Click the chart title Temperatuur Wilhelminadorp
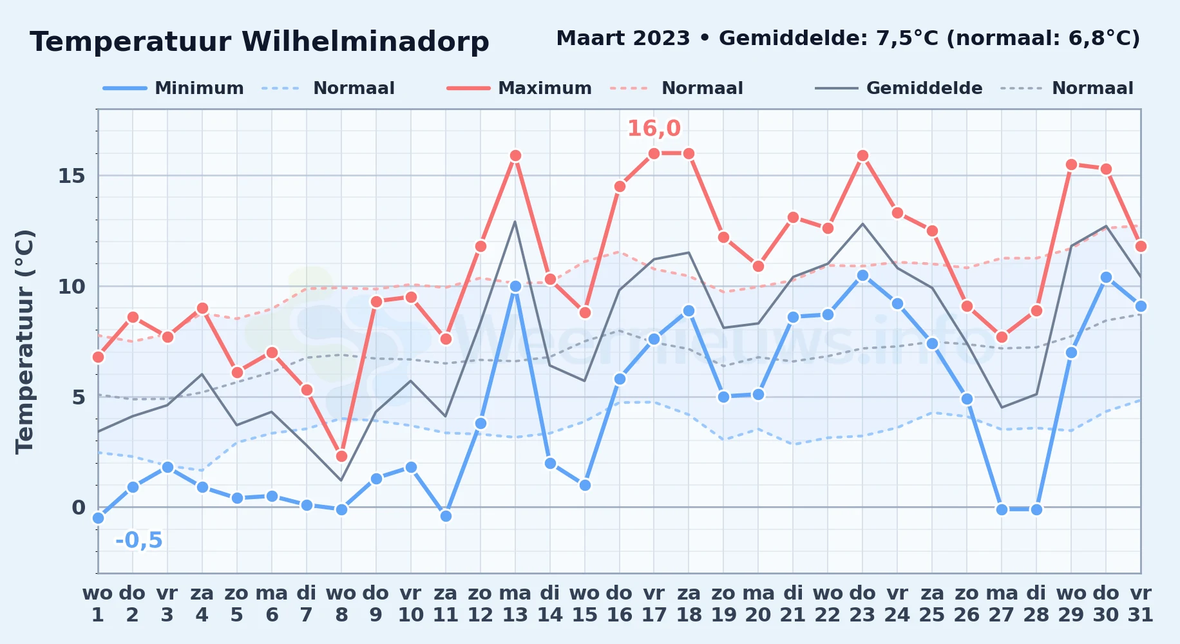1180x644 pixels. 260,42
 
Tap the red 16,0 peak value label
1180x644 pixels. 654,128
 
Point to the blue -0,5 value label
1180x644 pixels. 139,540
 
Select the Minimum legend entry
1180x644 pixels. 173,88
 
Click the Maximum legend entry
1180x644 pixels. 519,88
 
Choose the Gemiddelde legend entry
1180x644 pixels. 899,88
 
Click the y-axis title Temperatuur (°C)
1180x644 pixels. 24,341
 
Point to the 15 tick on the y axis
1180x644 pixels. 71,175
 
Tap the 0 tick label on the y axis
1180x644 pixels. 79,507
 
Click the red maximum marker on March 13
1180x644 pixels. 515,155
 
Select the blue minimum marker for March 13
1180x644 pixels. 515,286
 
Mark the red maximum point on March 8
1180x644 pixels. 341,456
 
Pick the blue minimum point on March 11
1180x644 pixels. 446,516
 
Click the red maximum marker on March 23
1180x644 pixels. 862,155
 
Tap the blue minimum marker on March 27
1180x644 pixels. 1002,509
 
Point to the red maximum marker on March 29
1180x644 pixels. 1071,164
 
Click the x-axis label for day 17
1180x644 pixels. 654,604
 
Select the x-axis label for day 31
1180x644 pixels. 1141,604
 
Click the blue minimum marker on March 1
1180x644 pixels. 98,518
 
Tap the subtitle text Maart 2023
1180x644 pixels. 623,38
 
